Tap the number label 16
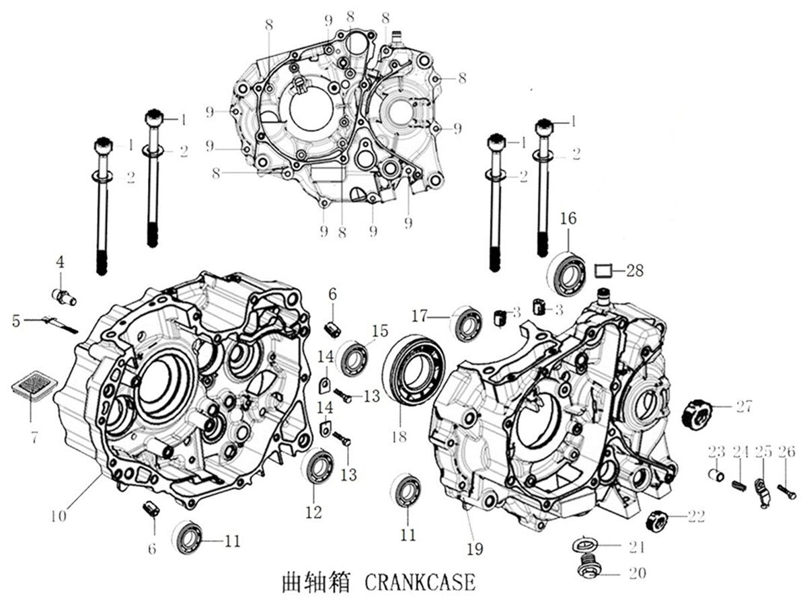click(568, 219)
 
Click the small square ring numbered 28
click(604, 271)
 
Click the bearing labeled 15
click(353, 359)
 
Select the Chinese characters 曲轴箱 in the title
click(316, 582)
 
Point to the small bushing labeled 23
click(718, 476)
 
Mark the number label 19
click(475, 549)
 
